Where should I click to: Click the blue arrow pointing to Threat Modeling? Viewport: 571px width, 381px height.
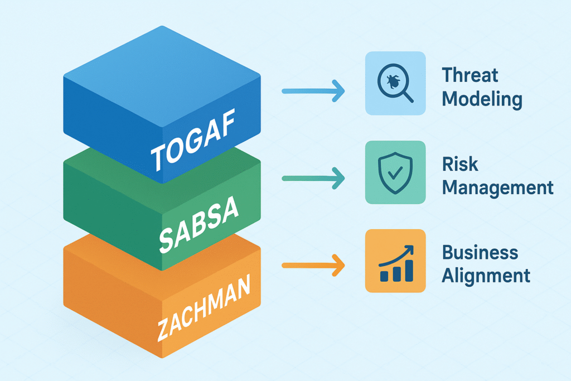point(313,91)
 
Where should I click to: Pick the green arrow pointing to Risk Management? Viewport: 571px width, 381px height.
point(313,179)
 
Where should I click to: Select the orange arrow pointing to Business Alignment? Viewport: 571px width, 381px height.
point(313,265)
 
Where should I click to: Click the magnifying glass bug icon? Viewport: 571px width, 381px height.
point(395,84)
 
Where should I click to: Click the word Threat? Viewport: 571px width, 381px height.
point(470,75)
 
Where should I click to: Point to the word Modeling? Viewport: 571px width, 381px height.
point(482,100)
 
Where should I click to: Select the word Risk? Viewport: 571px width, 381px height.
point(460,164)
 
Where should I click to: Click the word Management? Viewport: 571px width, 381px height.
point(497,187)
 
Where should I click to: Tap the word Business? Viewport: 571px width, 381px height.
point(480,252)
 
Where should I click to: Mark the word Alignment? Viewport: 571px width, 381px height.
point(485,276)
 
